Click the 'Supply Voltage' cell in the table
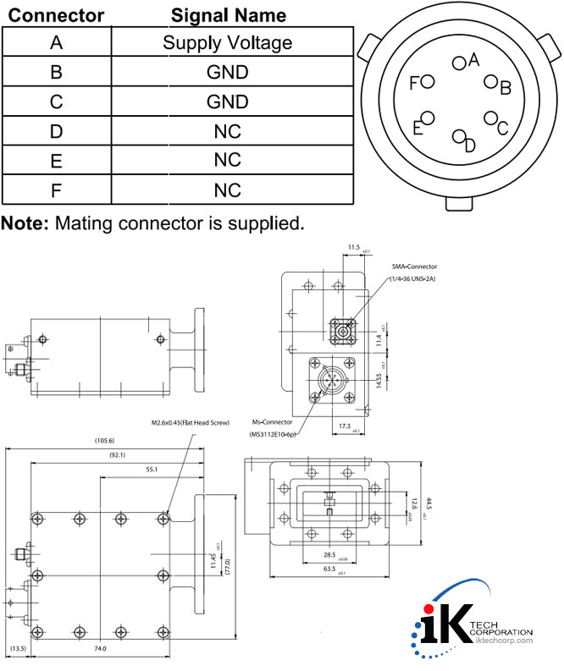coord(227,42)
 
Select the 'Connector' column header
coord(56,15)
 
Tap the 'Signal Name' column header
coord(228,15)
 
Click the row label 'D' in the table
coord(56,131)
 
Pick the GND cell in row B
coord(227,72)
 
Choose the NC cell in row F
coord(227,190)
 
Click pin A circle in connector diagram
coord(459,62)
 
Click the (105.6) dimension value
coord(106,440)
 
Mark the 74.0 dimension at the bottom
coord(100,649)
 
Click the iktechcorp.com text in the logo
coord(500,641)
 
